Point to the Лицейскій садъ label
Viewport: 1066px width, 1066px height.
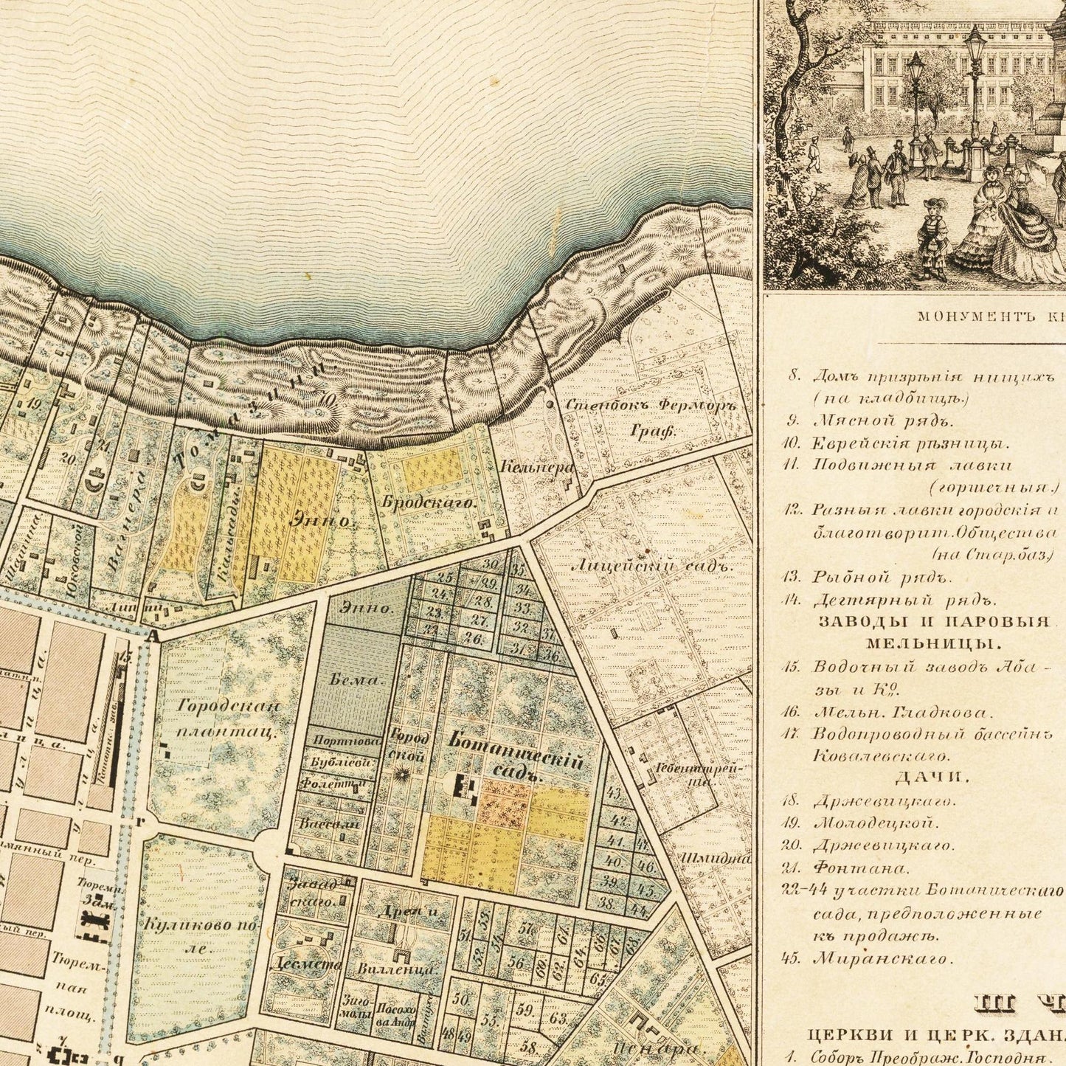pos(653,567)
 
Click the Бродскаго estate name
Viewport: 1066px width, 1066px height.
pos(429,502)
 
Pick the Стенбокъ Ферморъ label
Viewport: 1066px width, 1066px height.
pos(651,406)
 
